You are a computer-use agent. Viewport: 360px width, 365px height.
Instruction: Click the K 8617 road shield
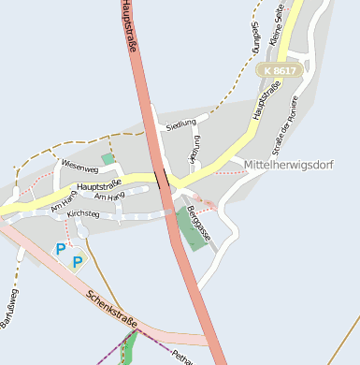pyautogui.click(x=280, y=70)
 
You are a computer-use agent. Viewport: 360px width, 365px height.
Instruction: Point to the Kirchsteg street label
pyautogui.click(x=82, y=214)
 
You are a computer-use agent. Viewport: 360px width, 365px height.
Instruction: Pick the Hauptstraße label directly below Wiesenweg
pyautogui.click(x=100, y=186)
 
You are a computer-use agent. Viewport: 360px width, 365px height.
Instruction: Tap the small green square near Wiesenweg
pyautogui.click(x=108, y=159)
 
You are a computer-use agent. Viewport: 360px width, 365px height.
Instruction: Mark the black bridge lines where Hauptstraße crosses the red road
pyautogui.click(x=165, y=175)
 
